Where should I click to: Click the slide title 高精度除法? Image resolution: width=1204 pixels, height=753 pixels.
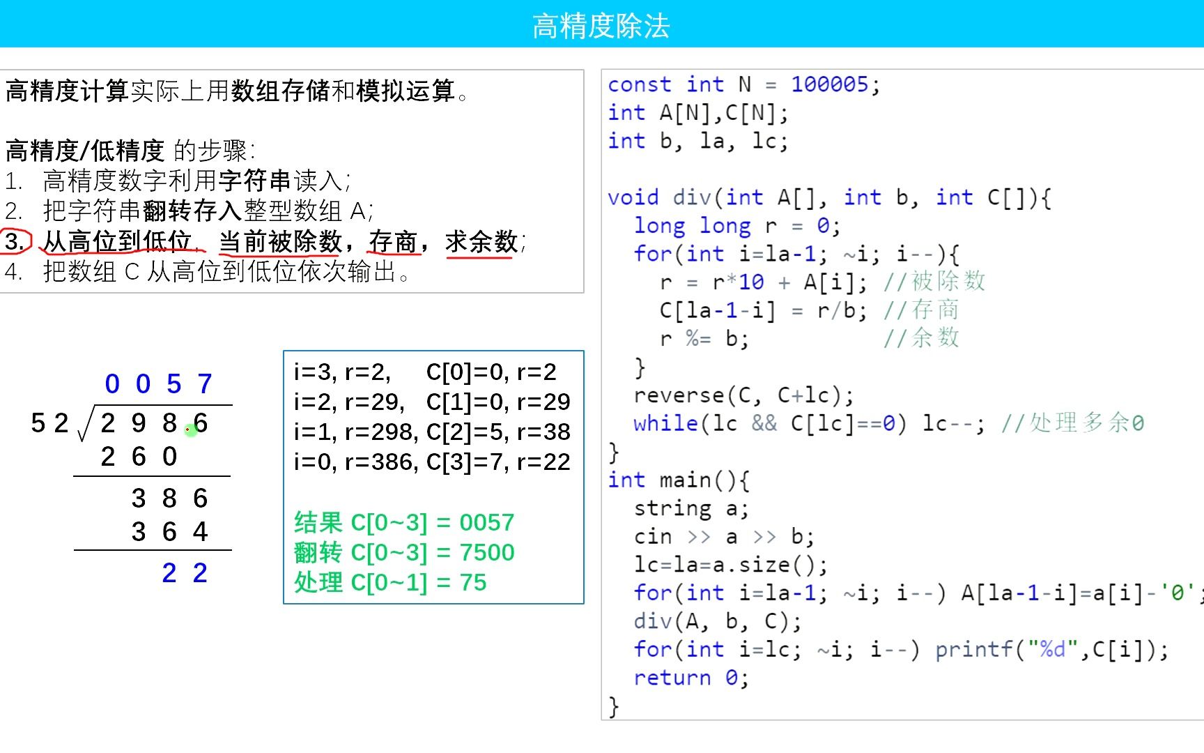601,26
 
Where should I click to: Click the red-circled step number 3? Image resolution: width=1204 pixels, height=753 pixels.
15,241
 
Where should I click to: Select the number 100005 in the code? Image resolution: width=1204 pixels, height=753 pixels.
829,84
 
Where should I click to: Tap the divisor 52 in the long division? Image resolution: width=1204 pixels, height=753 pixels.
49,423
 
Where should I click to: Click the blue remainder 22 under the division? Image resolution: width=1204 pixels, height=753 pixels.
185,573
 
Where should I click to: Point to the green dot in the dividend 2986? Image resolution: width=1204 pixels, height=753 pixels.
190,430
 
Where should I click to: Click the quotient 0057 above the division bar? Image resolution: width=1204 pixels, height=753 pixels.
158,384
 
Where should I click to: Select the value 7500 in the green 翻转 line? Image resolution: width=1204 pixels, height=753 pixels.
486,552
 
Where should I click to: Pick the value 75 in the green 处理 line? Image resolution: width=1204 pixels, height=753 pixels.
472,582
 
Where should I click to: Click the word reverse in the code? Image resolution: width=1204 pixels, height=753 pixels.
679,395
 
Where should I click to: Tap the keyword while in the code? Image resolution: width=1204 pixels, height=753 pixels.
665,423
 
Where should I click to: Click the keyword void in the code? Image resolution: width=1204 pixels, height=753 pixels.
633,197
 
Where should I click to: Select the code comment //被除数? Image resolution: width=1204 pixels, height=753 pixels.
934,282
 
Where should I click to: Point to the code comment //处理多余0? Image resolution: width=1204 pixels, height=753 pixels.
1072,423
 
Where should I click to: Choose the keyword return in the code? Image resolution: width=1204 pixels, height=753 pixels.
672,678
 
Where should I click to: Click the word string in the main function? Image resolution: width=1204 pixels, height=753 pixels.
672,508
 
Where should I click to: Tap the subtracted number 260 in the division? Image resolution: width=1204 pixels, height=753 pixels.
139,457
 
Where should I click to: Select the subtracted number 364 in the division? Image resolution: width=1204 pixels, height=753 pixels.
169,532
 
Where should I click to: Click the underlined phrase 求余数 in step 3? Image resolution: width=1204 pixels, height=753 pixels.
481,242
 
